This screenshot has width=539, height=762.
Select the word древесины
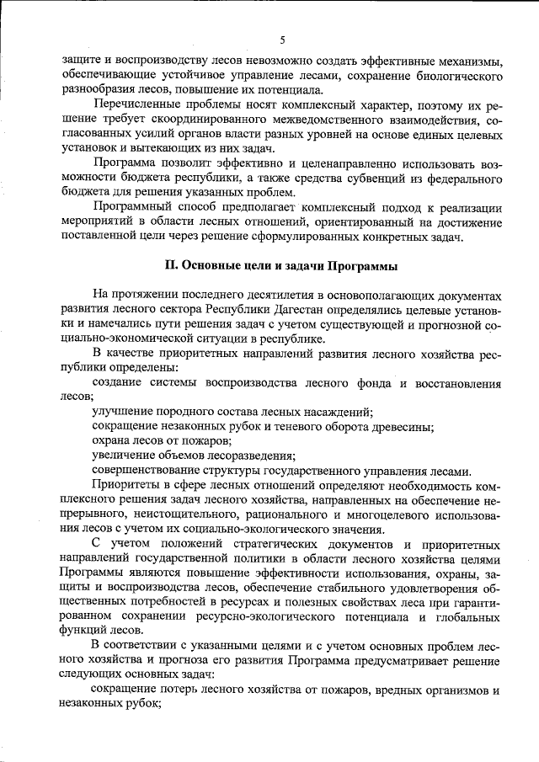399,426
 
